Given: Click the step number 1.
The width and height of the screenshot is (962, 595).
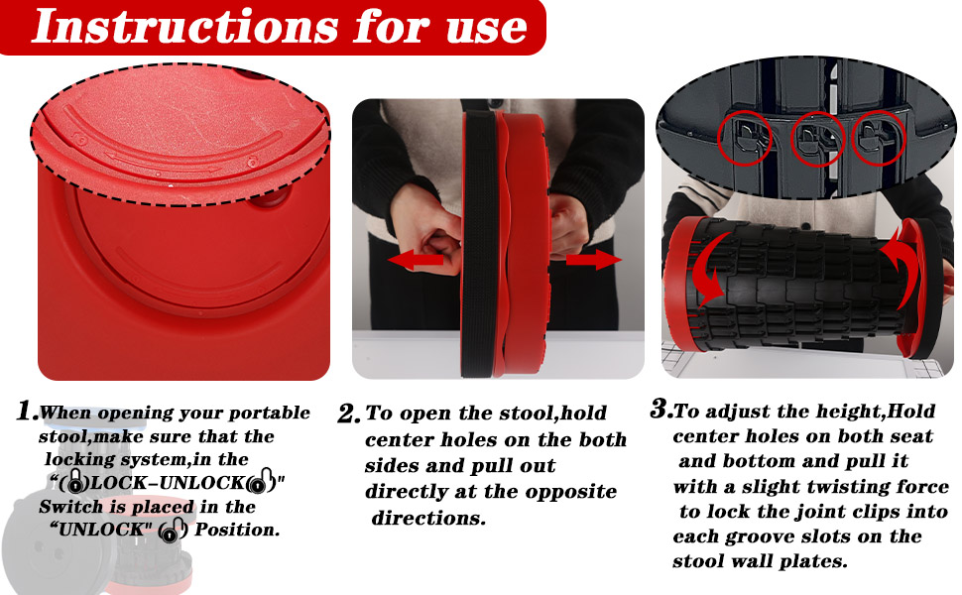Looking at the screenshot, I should coord(27,411).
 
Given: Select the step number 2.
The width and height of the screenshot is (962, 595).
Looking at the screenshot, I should coord(348,414).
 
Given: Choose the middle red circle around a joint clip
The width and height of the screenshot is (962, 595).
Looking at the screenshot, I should coord(817,139).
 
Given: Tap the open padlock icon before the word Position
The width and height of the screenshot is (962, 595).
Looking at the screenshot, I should coord(173,531).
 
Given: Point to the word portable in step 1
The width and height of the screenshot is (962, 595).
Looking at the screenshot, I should coord(267,414).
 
